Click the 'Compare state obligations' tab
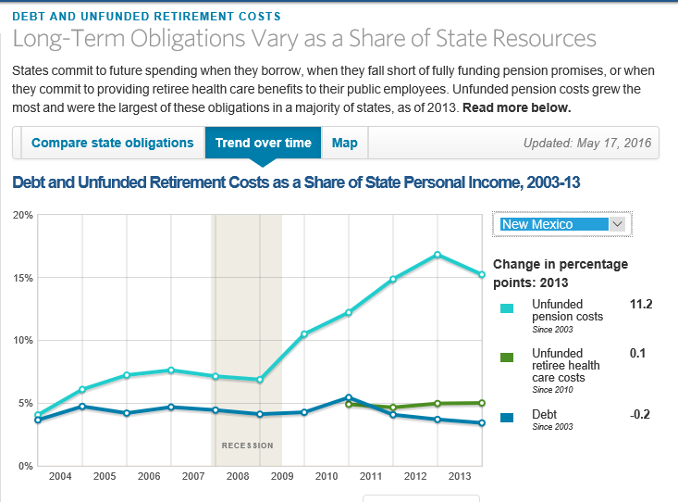point(112,144)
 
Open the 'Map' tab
point(345,144)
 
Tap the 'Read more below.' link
point(517,108)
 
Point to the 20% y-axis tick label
point(23,215)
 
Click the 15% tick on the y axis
point(23,278)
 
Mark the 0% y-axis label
point(26,466)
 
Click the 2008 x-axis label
point(237,476)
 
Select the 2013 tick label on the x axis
point(461,476)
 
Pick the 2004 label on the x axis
point(60,476)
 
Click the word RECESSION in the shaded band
point(247,446)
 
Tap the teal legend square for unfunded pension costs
point(507,308)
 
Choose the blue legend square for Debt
point(507,415)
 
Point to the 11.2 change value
point(640,304)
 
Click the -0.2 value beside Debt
point(639,414)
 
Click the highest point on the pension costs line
point(438,255)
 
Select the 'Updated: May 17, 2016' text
point(586,144)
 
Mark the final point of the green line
point(482,403)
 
